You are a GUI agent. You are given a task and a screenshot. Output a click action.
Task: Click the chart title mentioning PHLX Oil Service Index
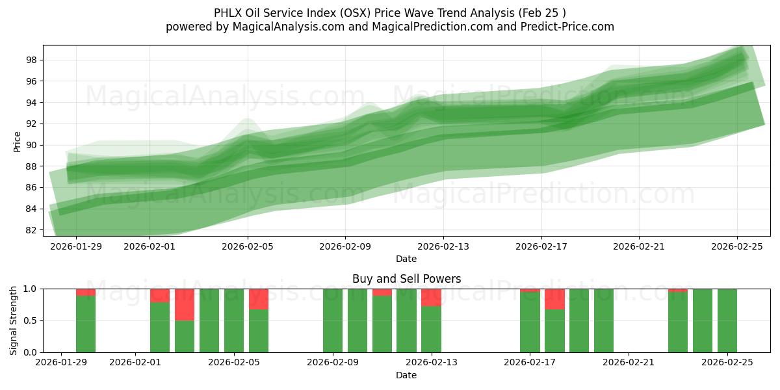389,13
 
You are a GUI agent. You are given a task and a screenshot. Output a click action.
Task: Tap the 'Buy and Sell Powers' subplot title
406,279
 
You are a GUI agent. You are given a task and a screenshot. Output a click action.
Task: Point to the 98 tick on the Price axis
31,60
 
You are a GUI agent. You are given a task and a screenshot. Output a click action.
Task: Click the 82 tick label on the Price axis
31,230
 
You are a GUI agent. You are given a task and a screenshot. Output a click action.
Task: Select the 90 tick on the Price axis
31,145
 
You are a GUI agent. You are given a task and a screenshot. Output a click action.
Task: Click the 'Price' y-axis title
17,142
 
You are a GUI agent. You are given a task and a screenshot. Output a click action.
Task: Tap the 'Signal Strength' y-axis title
14,320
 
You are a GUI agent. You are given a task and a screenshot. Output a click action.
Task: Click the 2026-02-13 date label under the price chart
443,246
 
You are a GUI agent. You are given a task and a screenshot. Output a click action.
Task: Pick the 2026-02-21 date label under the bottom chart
629,363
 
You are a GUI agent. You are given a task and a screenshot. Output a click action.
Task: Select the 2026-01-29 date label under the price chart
75,246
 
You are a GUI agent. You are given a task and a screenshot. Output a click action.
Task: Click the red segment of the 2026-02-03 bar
185,304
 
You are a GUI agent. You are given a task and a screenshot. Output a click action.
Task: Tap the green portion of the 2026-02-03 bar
185,337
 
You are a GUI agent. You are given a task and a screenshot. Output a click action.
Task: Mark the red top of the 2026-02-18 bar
554,299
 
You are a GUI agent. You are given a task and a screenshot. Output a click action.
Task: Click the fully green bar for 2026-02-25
727,320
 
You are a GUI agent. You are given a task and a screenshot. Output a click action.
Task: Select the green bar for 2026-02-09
333,320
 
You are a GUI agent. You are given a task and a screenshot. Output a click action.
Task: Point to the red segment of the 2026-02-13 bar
431,297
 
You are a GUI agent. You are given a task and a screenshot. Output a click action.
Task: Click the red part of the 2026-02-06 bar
259,299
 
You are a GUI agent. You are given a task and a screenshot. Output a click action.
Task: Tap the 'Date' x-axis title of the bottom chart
406,375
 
